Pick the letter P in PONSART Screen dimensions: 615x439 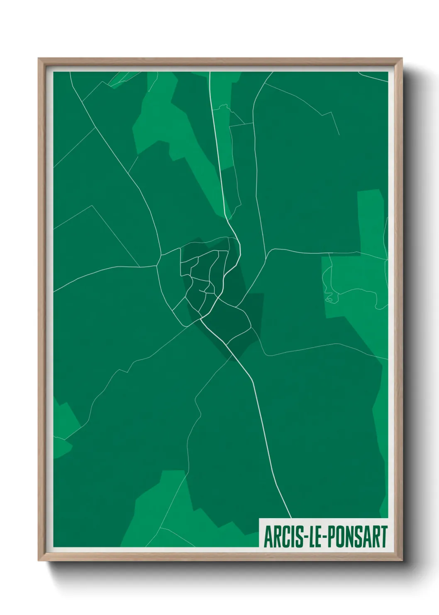pyautogui.click(x=330, y=537)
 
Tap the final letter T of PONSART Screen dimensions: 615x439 pyautogui.click(x=384, y=537)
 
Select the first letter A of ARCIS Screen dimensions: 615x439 pyautogui.click(x=267, y=537)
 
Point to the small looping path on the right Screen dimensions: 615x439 pyautogui.click(x=329, y=298)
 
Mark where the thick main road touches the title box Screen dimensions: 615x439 pyautogui.click(x=291, y=518)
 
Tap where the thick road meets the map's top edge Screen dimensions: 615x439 pyautogui.click(x=210, y=72)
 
